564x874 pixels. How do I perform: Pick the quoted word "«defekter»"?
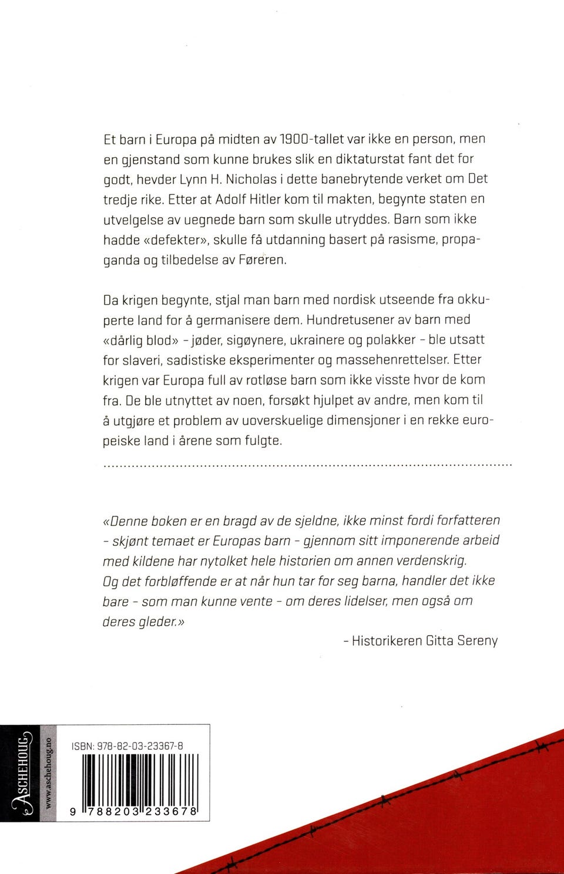170,239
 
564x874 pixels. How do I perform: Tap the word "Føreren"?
263,260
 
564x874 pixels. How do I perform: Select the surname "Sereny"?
477,640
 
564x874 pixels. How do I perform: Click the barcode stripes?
140,779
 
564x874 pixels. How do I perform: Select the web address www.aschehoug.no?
48,773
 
